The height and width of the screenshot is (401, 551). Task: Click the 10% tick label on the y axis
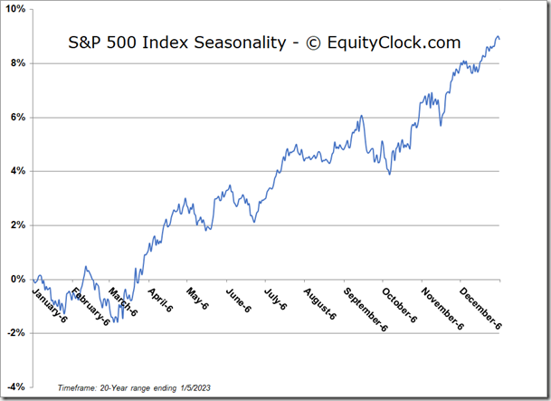point(15,9)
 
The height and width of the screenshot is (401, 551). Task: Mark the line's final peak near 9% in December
point(498,36)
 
